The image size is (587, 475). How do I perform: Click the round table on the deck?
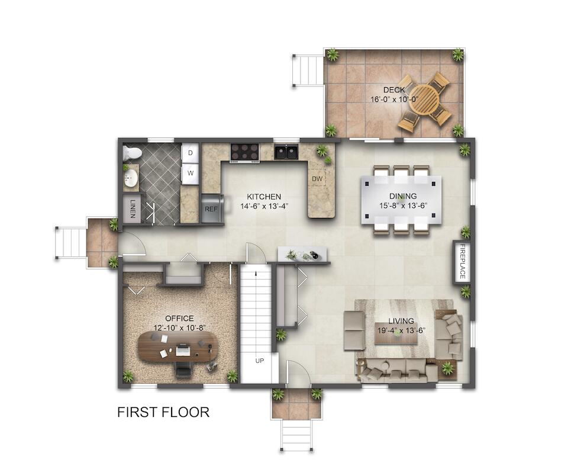[424, 100]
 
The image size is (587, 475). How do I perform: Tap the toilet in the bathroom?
[132, 153]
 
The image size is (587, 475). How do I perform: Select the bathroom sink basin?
[131, 177]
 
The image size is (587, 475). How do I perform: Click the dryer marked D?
[190, 153]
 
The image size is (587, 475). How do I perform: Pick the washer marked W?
[190, 174]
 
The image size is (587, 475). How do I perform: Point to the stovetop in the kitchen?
[245, 152]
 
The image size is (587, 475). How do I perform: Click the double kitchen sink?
[286, 152]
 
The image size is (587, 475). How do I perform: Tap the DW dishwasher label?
[317, 179]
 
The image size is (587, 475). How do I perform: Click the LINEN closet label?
[133, 208]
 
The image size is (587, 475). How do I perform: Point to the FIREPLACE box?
[462, 261]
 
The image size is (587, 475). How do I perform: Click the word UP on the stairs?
[259, 360]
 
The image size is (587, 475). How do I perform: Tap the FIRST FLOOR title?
[163, 412]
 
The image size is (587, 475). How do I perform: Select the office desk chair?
[183, 370]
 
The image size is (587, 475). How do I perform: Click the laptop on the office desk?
[183, 351]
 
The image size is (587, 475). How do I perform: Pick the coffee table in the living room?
[396, 336]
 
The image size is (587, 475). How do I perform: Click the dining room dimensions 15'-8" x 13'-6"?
[403, 206]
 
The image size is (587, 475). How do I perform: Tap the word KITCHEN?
[264, 197]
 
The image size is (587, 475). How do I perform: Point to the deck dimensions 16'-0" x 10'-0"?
[394, 100]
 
